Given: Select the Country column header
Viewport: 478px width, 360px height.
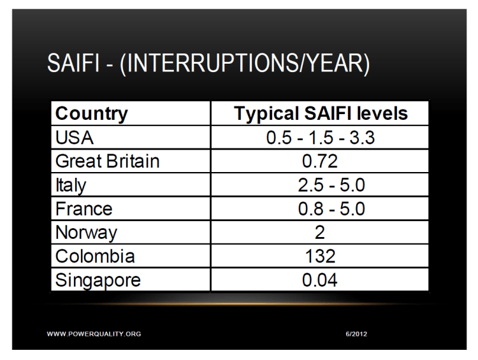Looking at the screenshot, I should (x=91, y=114).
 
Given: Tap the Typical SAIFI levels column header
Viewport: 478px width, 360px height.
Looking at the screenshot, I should (x=320, y=114).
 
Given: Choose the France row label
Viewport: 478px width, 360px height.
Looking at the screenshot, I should (x=84, y=209).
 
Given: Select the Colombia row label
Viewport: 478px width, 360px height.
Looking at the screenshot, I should (x=94, y=256).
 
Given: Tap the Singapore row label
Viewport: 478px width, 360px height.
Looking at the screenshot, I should (x=99, y=280).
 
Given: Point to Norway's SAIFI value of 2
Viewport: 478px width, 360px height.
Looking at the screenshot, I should (x=319, y=233).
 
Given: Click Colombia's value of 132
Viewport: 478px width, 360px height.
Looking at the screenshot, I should (x=319, y=256).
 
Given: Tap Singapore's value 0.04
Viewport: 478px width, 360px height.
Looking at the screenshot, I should (x=319, y=280).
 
